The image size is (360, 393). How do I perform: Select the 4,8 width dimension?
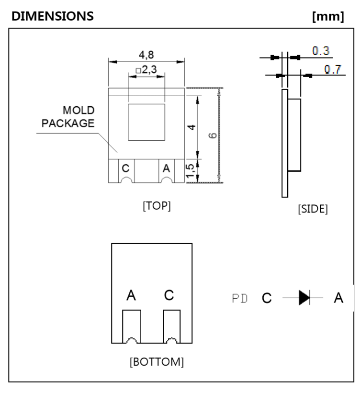pos(146,53)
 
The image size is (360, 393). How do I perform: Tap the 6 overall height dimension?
pos(212,135)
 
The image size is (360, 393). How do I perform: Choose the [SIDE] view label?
pos(313,210)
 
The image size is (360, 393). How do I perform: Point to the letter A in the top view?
pos(166,168)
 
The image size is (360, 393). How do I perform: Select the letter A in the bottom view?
pos(130,296)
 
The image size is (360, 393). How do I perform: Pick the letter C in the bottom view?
pos(169,296)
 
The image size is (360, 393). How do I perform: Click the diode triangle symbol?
pos(304,298)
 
